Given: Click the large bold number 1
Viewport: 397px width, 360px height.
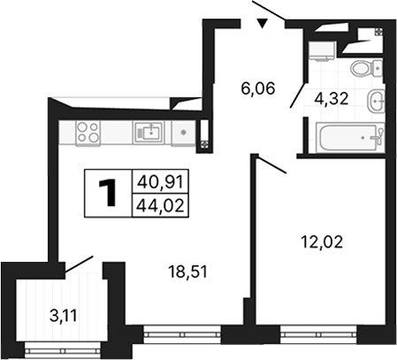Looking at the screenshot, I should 109,194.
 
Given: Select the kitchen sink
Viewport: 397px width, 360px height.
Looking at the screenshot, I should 149,133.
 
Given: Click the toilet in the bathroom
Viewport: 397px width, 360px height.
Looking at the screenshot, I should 363,69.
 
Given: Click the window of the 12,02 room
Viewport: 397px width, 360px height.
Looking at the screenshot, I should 318,333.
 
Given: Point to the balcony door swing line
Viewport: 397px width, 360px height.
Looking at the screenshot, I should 78,263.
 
